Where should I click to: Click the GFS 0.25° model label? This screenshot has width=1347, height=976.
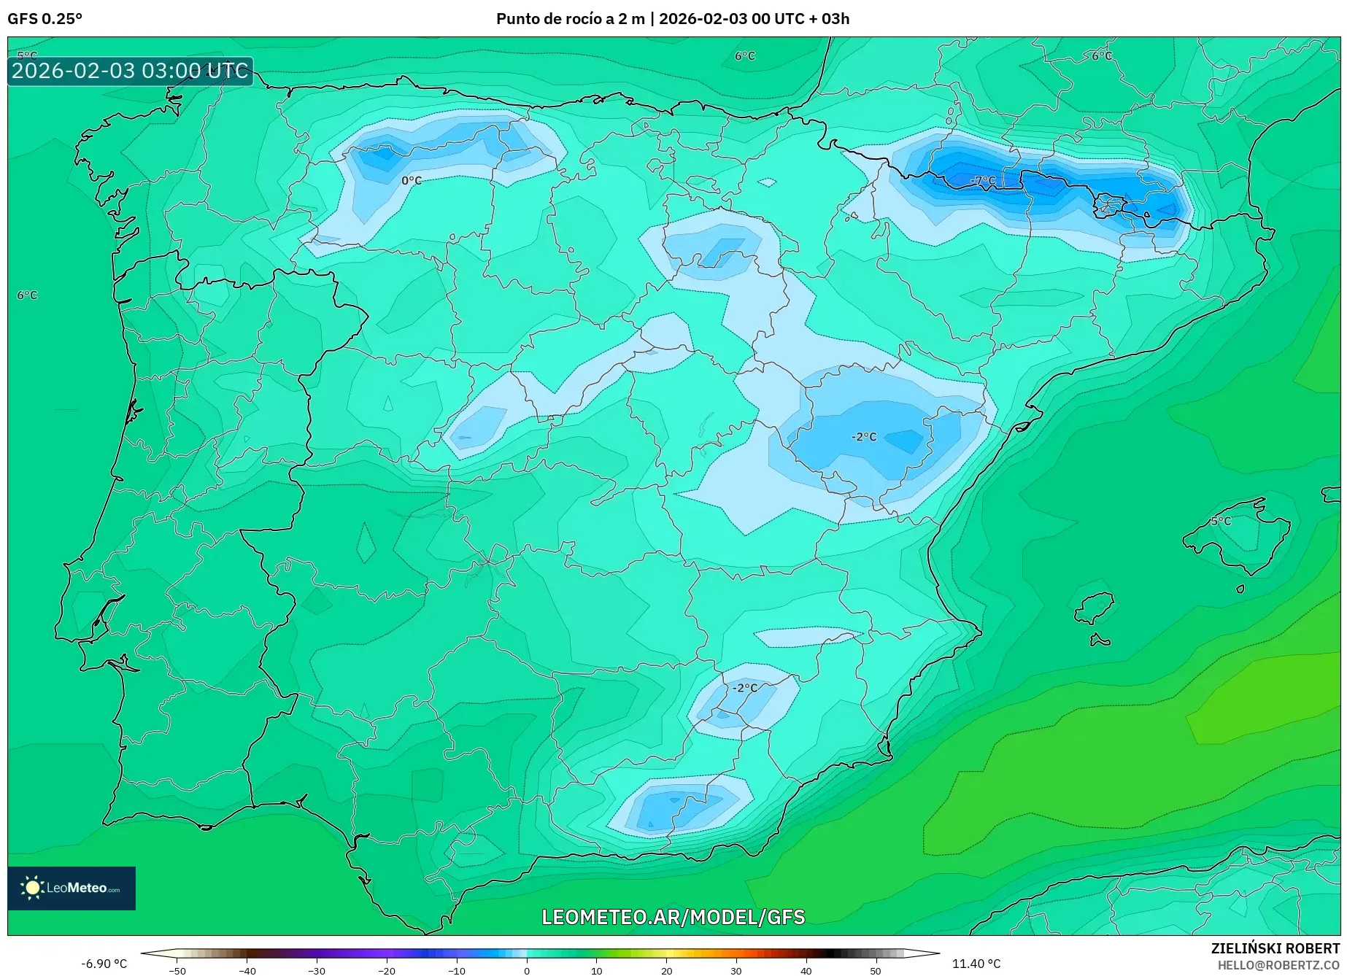[45, 19]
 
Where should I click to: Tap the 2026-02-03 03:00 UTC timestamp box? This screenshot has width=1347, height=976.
[130, 71]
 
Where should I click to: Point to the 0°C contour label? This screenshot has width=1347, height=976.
[412, 180]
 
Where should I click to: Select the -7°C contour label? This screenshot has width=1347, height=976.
[983, 180]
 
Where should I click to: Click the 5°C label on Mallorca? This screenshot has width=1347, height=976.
[1221, 521]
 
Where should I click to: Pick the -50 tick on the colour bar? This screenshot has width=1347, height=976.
[177, 971]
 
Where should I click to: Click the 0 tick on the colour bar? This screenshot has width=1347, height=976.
[527, 971]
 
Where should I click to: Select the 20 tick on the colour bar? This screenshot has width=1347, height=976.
[666, 971]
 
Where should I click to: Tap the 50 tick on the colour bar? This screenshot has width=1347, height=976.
[876, 971]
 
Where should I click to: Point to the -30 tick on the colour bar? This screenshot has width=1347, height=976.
[317, 971]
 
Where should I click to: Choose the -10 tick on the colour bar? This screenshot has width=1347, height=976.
[456, 971]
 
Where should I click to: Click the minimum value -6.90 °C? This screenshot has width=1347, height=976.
[104, 964]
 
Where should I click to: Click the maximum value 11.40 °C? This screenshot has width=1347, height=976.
[976, 964]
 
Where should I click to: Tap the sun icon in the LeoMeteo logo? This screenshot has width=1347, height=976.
[33, 888]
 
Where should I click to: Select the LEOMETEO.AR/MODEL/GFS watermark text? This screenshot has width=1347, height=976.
[673, 917]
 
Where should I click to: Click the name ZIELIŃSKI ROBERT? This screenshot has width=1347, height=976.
[1275, 948]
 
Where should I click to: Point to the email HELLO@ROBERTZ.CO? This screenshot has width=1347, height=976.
[1278, 965]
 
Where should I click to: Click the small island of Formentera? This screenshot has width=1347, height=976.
[1100, 641]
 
